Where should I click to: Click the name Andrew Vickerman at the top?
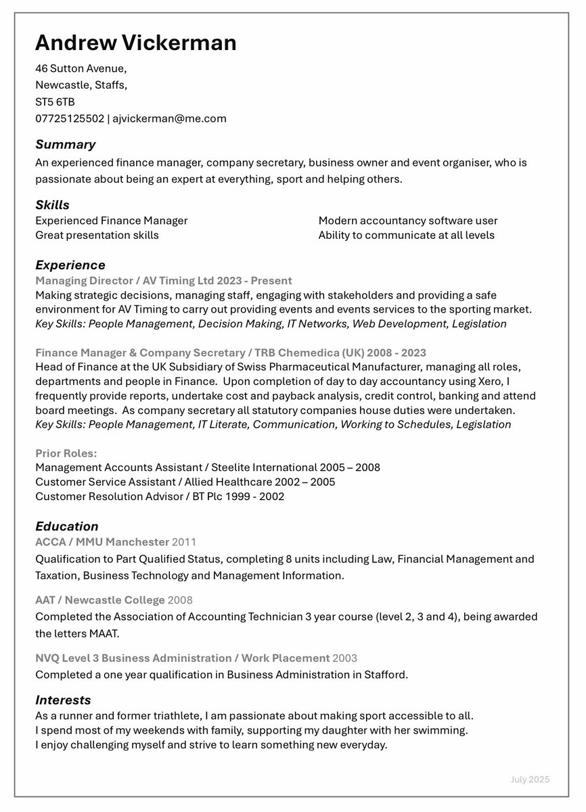pyautogui.click(x=135, y=43)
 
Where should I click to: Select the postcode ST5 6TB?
pyautogui.click(x=55, y=102)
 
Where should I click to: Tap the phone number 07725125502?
pyautogui.click(x=70, y=119)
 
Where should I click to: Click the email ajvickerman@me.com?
pyautogui.click(x=168, y=119)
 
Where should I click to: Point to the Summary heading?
pyautogui.click(x=65, y=145)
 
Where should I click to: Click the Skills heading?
pyautogui.click(x=52, y=205)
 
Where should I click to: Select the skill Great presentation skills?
pyautogui.click(x=97, y=235)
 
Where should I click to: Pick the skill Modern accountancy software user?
pyautogui.click(x=407, y=221)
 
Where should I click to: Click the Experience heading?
pyautogui.click(x=70, y=265)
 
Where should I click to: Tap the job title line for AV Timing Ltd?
pyautogui.click(x=163, y=280)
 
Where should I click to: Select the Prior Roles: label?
pyautogui.click(x=66, y=453)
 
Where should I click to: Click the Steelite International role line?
pyautogui.click(x=207, y=468)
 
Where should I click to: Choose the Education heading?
pyautogui.click(x=66, y=526)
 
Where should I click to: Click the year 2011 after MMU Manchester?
pyautogui.click(x=184, y=542)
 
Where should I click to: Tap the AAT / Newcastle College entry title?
pyautogui.click(x=99, y=600)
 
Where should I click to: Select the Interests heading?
pyautogui.click(x=63, y=700)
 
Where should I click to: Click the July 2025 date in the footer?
pyautogui.click(x=530, y=780)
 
